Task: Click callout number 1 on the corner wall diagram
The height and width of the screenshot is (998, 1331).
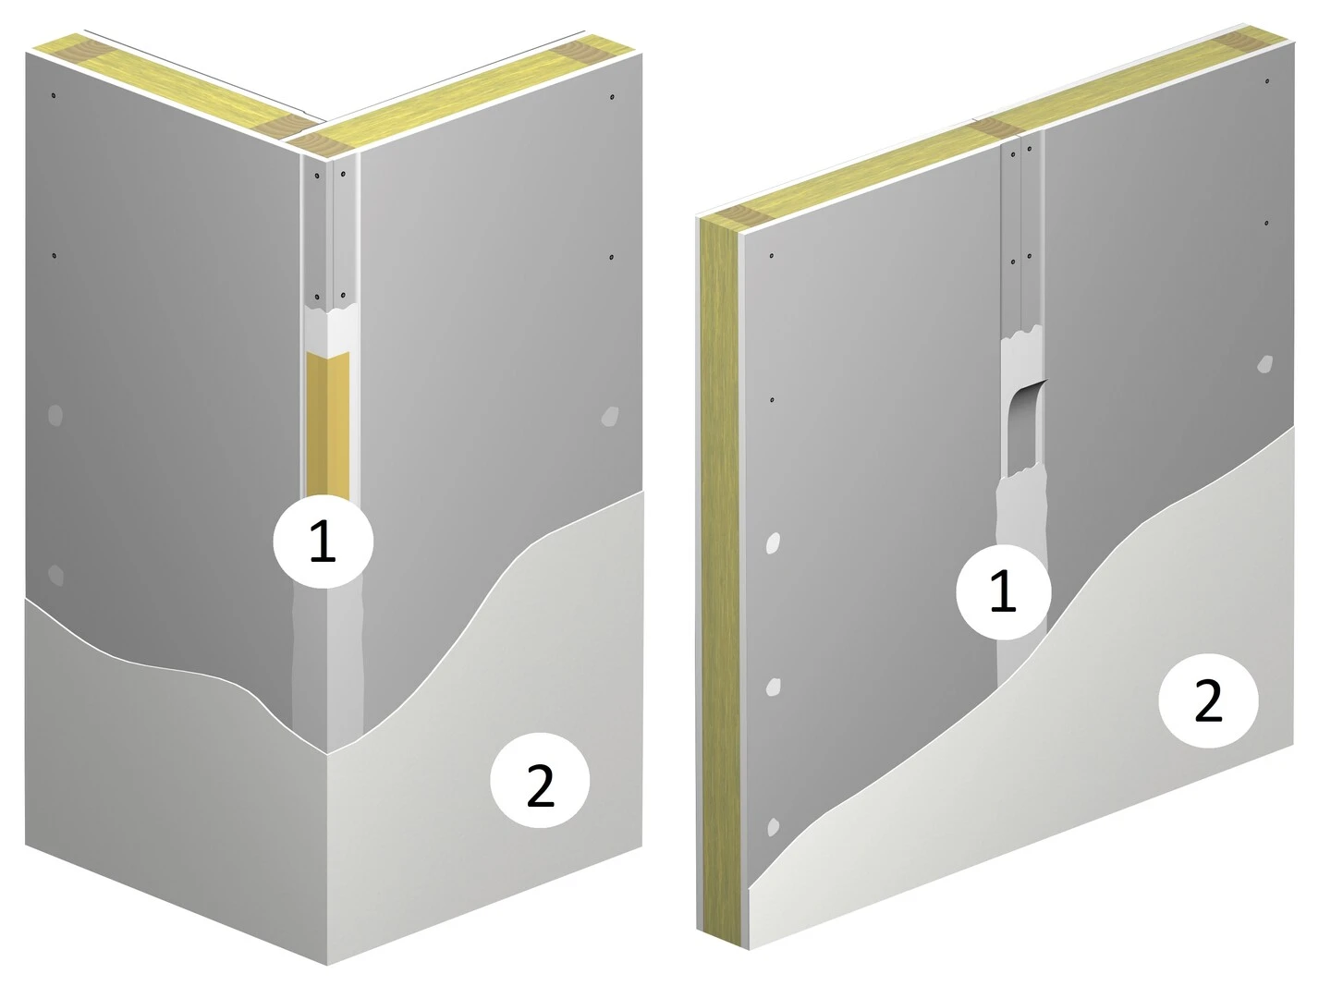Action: [x=324, y=542]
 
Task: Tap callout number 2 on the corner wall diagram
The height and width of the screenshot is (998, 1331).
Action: [x=540, y=781]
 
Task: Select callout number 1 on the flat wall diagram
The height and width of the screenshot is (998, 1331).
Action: [x=1003, y=591]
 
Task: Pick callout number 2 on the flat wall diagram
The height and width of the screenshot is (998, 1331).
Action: [x=1208, y=700]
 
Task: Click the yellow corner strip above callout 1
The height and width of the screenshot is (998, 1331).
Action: [x=328, y=424]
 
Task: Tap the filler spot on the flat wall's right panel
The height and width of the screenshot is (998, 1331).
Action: [x=1264, y=364]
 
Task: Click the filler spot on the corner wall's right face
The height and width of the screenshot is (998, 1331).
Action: [x=609, y=416]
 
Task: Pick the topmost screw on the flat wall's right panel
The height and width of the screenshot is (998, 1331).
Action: [x=1266, y=81]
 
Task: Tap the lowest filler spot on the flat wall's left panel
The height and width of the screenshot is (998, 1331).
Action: [x=773, y=827]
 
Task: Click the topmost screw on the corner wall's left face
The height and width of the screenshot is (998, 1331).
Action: [x=54, y=95]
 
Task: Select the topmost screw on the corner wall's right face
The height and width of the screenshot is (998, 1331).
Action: [x=613, y=97]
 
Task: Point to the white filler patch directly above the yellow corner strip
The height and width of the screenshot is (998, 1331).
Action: [x=328, y=330]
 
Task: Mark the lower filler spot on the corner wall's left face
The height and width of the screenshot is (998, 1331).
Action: [x=55, y=575]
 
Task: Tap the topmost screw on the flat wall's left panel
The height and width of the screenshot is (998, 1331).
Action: [x=771, y=256]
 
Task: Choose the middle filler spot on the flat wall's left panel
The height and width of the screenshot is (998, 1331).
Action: [x=773, y=688]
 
